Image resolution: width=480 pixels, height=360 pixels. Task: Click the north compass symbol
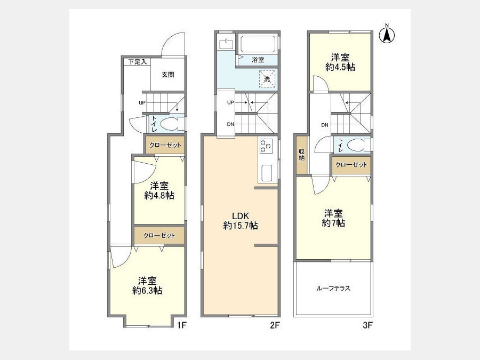pyautogui.click(x=387, y=35)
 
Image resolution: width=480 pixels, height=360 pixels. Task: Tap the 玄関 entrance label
pyautogui.click(x=168, y=74)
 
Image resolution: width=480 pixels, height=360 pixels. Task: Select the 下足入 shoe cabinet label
pyautogui.click(x=138, y=62)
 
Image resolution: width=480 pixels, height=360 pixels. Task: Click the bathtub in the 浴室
pyautogui.click(x=258, y=44)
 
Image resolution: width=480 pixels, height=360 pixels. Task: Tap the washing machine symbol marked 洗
pyautogui.click(x=267, y=79)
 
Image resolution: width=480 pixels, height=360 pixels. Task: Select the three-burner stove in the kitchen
pyautogui.click(x=266, y=146)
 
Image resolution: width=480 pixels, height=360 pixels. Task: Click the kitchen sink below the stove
pyautogui.click(x=267, y=173)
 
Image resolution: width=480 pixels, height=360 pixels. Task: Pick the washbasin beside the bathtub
pyautogui.click(x=227, y=44)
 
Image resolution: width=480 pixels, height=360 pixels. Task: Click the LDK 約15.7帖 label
pyautogui.click(x=241, y=221)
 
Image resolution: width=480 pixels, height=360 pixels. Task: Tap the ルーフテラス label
pyautogui.click(x=333, y=288)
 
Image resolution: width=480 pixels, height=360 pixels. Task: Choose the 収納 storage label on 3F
pyautogui.click(x=302, y=155)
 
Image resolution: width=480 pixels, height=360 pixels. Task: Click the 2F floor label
pyautogui.click(x=275, y=325)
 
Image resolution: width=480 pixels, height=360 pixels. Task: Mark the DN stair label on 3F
pyautogui.click(x=325, y=125)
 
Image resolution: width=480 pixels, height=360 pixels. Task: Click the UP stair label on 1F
pyautogui.click(x=142, y=103)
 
